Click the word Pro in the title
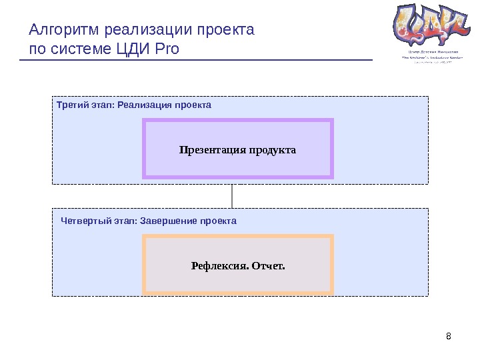coord(167,49)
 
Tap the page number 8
coord(448,335)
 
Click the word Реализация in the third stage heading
coord(143,105)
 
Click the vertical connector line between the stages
coord(232,195)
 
